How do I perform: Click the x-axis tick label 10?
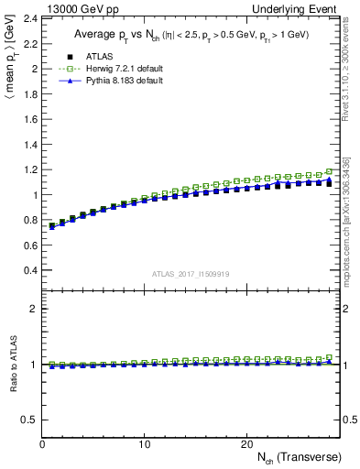[144, 444]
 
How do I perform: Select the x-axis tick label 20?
[245, 444]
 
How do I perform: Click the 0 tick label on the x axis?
[42, 444]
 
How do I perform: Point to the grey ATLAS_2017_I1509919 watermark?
[191, 273]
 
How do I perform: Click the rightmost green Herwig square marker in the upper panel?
[329, 171]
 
